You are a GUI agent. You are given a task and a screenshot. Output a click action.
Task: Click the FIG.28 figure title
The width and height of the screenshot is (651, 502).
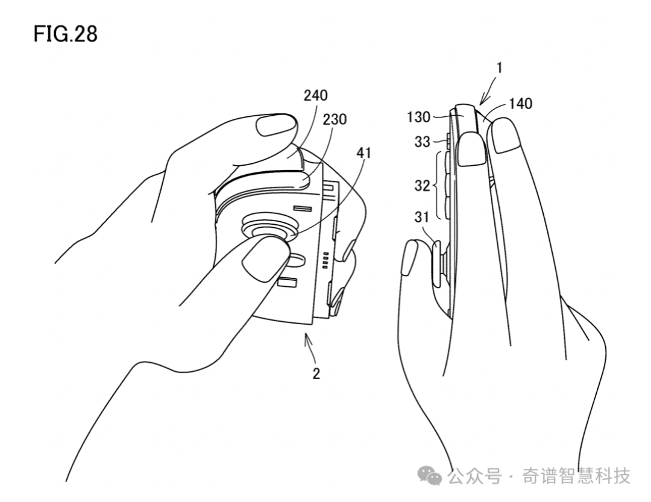tap(66, 34)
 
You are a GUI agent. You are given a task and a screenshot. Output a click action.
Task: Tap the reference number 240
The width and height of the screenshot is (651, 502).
tap(315, 95)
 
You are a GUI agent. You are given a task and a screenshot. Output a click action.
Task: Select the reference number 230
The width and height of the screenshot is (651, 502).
tap(334, 119)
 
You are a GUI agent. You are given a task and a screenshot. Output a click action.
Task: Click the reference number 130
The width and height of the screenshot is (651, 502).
tap(418, 118)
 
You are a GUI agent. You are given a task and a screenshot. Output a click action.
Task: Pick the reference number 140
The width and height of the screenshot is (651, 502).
tap(520, 104)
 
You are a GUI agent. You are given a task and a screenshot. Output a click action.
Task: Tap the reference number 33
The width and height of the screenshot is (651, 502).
tap(422, 142)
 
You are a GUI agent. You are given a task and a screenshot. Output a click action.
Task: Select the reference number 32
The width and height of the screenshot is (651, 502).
tap(422, 186)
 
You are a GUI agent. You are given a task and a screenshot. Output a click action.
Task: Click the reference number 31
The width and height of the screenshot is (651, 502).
tap(422, 217)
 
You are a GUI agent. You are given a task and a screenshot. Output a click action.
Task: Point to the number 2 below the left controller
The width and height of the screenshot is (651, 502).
tap(316, 374)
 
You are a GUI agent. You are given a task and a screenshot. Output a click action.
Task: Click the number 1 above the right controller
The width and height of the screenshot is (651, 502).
tap(500, 67)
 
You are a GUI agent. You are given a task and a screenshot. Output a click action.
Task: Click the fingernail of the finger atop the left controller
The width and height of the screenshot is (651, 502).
tap(277, 125)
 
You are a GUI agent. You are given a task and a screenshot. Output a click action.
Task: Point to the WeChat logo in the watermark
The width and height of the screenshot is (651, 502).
tap(430, 475)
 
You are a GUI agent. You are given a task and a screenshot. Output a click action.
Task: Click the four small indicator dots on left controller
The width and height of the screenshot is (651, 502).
tap(325, 260)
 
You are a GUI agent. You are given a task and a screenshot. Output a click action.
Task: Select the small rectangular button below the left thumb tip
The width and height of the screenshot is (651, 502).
tap(286, 283)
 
